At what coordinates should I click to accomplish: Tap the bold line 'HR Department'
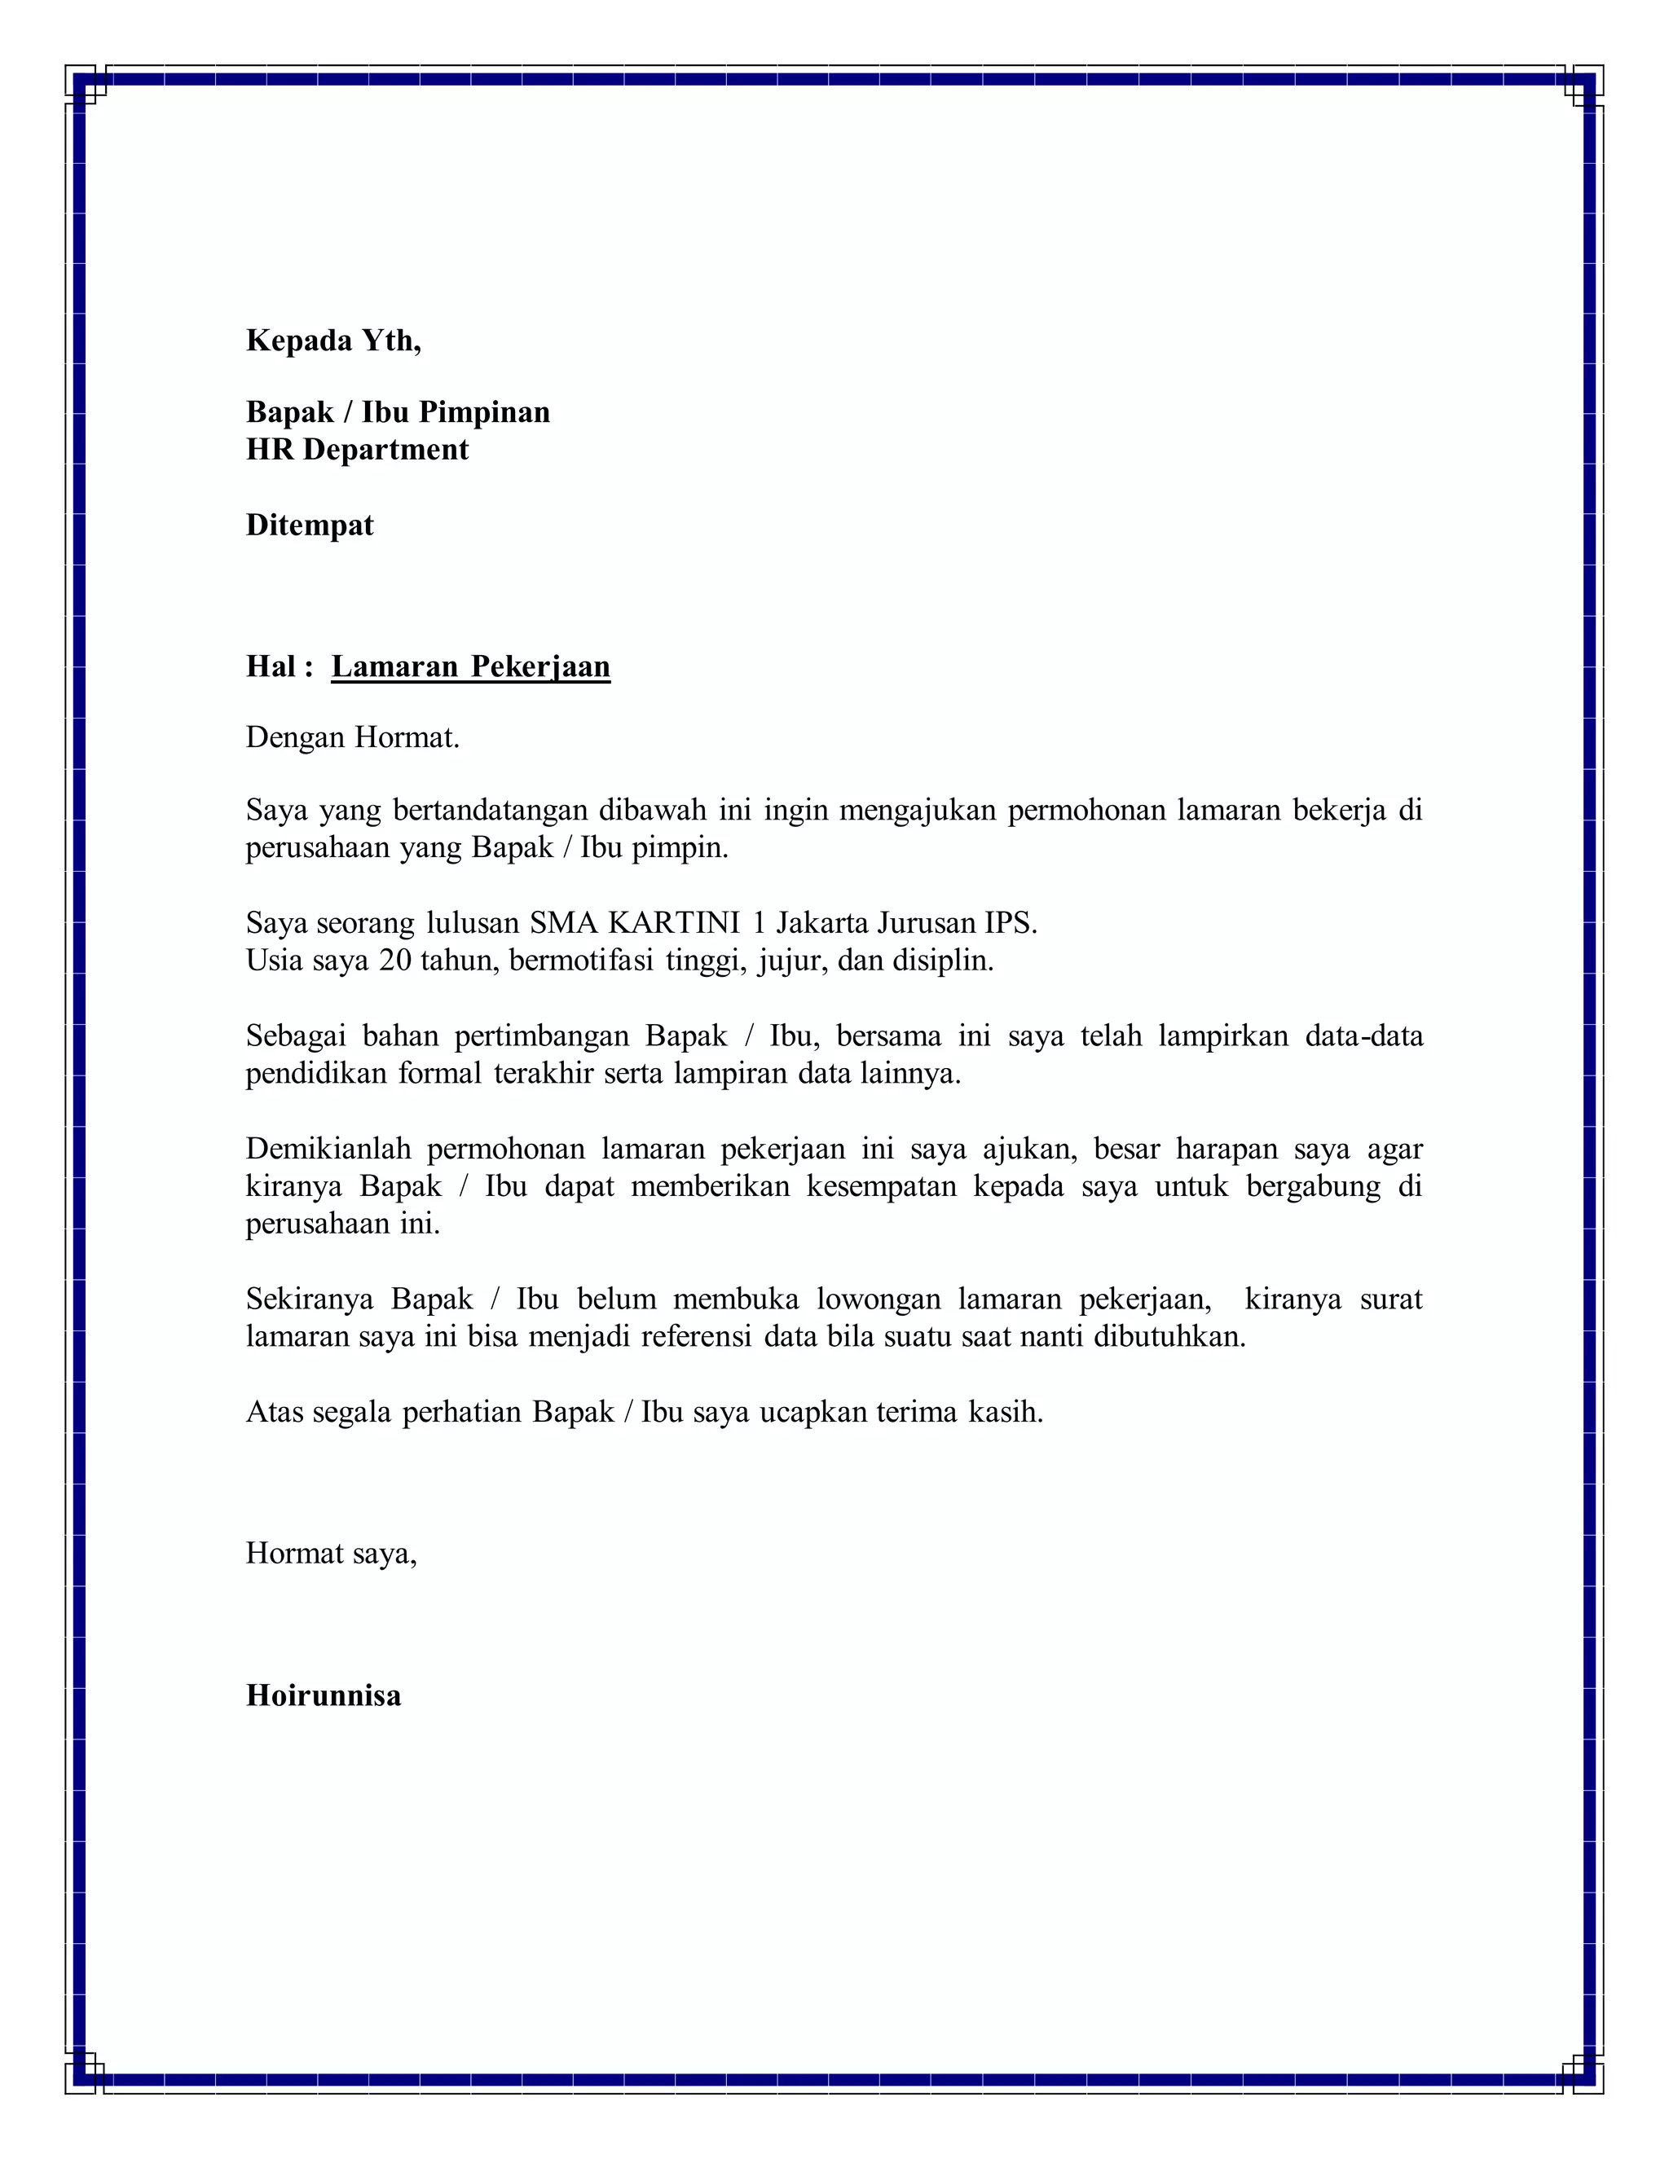(357, 450)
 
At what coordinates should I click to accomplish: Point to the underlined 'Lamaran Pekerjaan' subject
(471, 666)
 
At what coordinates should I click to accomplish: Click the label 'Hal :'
(279, 666)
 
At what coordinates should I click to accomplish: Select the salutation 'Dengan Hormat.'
(353, 737)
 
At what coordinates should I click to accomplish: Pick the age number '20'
(394, 961)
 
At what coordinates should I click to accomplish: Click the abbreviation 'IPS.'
(1011, 923)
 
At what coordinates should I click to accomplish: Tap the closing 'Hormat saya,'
(331, 1554)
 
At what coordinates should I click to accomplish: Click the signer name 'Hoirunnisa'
(324, 1696)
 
